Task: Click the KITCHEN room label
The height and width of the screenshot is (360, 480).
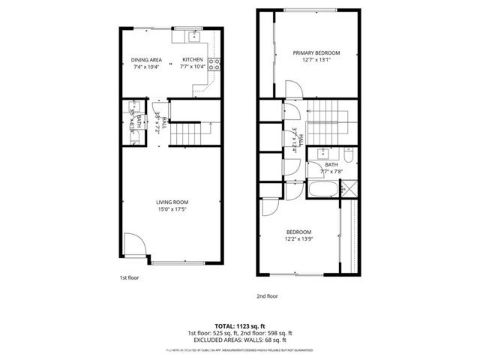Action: click(193, 60)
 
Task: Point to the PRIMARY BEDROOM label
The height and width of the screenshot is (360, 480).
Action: click(316, 53)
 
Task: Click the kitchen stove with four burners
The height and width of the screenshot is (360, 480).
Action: click(213, 65)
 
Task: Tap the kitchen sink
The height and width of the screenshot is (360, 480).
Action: click(193, 36)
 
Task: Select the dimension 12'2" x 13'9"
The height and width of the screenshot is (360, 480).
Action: click(299, 239)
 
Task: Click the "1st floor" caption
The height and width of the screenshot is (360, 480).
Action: click(129, 277)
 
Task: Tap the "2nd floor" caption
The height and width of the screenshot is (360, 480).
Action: click(268, 296)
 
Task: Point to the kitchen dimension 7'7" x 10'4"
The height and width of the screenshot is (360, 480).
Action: click(193, 67)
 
